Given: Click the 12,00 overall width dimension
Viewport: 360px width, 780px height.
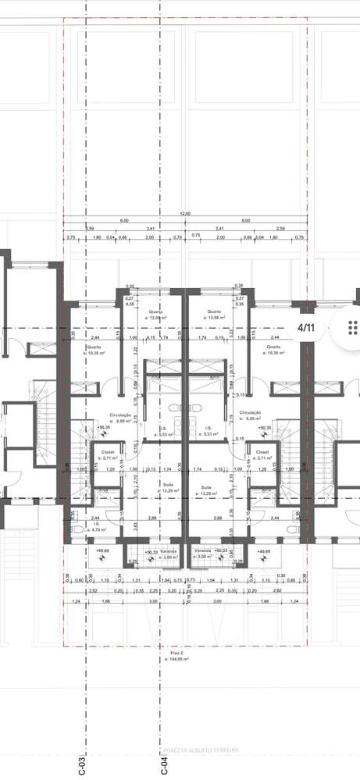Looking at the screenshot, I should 185,213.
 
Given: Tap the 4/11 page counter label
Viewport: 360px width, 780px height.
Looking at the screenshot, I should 306,328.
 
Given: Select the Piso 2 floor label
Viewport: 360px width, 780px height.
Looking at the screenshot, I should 177,655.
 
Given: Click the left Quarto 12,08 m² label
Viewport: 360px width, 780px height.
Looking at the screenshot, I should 158,315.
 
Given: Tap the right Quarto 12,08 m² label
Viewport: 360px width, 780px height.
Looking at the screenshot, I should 214,315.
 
